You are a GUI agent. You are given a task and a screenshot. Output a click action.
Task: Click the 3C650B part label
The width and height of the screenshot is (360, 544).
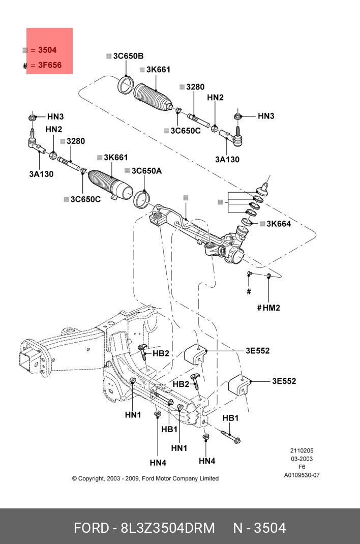coord(128,56)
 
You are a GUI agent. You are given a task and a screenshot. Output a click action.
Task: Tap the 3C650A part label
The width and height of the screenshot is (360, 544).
coord(147,171)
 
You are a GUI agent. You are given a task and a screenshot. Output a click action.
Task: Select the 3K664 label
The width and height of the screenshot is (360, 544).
coord(279,224)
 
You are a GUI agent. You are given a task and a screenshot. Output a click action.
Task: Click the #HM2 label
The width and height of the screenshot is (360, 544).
coord(268,308)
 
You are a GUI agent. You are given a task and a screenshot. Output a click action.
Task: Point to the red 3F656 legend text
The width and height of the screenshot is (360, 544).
coord(50,65)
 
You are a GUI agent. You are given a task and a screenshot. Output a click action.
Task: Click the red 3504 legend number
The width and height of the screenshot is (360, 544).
coord(47,50)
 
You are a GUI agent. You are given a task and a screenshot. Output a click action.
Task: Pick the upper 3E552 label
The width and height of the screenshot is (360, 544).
coord(257,351)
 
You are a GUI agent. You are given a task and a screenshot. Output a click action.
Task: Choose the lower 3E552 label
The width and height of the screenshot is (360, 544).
coord(284,381)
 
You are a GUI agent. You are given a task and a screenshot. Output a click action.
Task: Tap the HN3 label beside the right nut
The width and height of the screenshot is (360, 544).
coord(266,116)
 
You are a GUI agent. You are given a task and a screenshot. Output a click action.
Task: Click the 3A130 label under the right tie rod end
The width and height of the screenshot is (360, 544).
coord(227,160)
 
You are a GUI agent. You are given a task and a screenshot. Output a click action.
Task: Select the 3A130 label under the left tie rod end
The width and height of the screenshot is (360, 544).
coord(41,174)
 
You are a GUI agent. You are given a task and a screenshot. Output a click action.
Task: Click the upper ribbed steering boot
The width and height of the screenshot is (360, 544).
coord(153,98)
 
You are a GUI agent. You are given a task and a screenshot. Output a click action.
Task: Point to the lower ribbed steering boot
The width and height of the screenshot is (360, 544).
coord(111,185)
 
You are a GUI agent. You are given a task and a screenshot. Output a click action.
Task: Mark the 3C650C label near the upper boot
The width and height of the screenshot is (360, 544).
coord(186,131)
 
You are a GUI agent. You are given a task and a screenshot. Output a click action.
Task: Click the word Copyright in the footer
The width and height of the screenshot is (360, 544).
coord(91,478)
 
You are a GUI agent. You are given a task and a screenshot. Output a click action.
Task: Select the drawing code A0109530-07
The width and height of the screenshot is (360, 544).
coord(302,475)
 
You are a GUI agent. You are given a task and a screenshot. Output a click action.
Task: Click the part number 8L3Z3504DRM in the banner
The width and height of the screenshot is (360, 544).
coord(168,528)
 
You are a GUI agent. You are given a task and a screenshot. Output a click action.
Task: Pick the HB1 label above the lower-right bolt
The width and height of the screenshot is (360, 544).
coord(231,418)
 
